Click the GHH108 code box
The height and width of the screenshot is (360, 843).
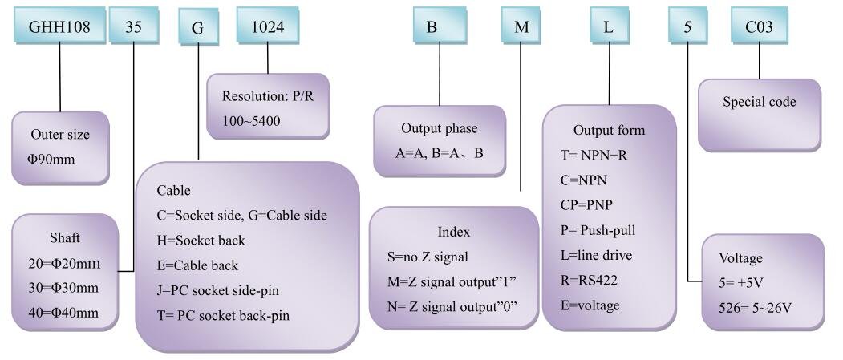(x=59, y=25)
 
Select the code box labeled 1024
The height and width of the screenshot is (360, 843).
(x=268, y=25)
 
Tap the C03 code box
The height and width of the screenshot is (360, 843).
(x=759, y=25)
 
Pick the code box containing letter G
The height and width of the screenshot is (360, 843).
(x=198, y=26)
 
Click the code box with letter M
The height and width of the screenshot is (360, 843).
(x=521, y=25)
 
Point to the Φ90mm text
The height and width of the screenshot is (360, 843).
(x=51, y=160)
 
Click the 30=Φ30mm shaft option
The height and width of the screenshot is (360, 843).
(x=63, y=288)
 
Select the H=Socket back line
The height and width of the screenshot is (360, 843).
(x=201, y=241)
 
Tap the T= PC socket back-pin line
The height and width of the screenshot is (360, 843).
(x=223, y=315)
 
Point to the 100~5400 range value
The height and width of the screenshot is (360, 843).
(x=251, y=121)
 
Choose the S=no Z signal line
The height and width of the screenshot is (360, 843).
(x=428, y=257)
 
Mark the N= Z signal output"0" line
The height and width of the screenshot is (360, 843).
(x=452, y=306)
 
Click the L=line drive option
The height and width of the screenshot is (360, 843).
(x=596, y=255)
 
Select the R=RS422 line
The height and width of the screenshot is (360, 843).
(x=589, y=280)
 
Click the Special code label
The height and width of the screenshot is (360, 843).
(x=759, y=102)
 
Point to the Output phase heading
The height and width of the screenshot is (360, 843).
(x=440, y=129)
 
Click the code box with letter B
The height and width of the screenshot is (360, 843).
(x=432, y=25)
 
